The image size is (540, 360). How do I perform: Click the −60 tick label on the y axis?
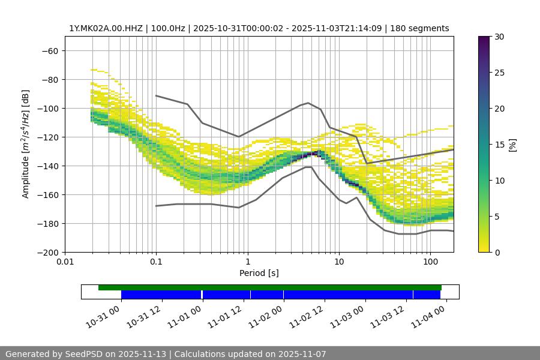[x=49, y=50]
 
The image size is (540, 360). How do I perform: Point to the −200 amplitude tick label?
[x=46, y=252]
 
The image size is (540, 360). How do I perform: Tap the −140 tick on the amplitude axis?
[x=46, y=166]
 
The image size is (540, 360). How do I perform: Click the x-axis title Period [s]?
[x=259, y=274]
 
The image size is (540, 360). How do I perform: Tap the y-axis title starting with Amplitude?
[x=26, y=145]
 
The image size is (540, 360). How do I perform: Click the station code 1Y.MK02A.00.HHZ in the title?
[x=107, y=28]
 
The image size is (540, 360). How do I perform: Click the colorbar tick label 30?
[x=499, y=37]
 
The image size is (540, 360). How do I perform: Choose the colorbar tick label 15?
[x=499, y=145]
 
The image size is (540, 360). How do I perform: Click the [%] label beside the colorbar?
[x=512, y=145]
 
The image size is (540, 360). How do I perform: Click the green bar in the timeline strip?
[x=270, y=287]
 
